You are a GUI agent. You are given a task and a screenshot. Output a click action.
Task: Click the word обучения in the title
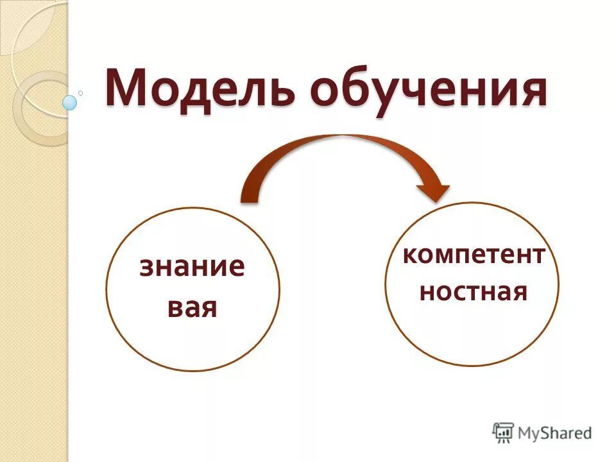[428, 90]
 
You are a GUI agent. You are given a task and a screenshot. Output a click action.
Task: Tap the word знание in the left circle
[193, 266]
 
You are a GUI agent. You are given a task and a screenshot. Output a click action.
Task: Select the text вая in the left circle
[193, 309]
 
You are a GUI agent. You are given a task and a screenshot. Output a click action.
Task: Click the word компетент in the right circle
[474, 255]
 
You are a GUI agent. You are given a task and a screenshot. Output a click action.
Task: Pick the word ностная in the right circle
[474, 292]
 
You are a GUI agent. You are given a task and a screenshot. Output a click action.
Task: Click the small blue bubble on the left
[70, 102]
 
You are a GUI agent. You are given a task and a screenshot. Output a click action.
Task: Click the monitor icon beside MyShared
[504, 432]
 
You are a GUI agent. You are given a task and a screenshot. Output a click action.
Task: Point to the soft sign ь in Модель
[286, 90]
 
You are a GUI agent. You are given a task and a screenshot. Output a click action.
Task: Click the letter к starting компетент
[409, 255]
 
